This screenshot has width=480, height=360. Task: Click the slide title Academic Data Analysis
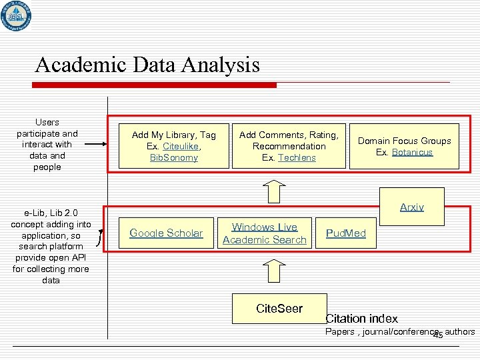click(147, 65)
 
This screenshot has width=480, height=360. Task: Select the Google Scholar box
click(166, 233)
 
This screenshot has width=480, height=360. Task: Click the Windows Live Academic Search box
click(264, 233)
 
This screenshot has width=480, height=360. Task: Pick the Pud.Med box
click(345, 233)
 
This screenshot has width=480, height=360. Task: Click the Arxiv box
click(411, 207)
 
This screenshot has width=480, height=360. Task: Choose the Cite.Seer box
click(279, 309)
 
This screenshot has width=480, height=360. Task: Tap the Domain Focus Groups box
click(404, 146)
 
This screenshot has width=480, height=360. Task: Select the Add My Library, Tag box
click(174, 146)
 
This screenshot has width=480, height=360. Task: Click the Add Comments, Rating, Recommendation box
click(289, 146)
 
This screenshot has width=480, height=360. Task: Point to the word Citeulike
click(183, 146)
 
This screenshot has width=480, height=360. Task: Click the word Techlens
click(297, 157)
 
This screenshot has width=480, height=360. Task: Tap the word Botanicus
click(412, 152)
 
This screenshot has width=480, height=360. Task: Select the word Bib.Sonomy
click(174, 157)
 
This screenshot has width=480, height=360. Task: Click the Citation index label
click(361, 319)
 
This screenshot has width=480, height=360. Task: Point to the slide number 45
click(438, 335)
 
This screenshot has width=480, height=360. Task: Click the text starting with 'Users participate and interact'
click(47, 145)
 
